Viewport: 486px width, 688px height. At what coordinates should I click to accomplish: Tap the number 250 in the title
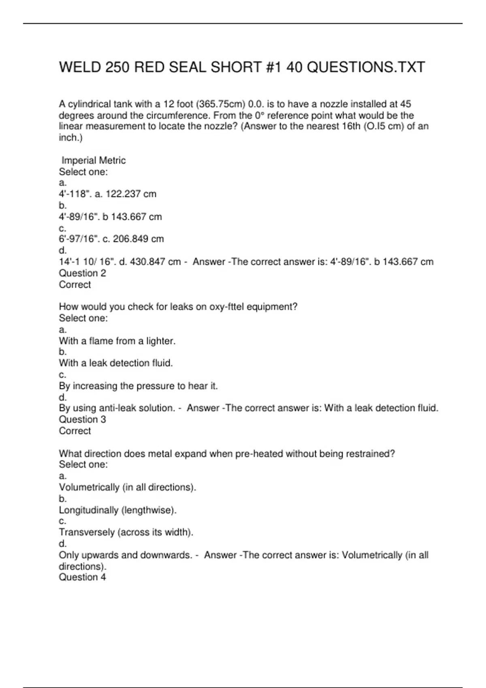(117, 67)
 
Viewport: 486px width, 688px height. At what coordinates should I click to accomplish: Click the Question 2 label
(82, 273)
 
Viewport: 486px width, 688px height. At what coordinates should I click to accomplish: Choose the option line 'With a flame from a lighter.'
(117, 341)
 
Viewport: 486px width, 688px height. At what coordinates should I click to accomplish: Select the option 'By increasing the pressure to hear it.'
(138, 386)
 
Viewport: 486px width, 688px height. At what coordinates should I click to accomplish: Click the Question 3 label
(82, 419)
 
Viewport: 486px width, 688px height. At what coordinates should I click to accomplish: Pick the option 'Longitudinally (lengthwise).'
(117, 510)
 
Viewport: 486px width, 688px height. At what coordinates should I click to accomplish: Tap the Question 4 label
(82, 577)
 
